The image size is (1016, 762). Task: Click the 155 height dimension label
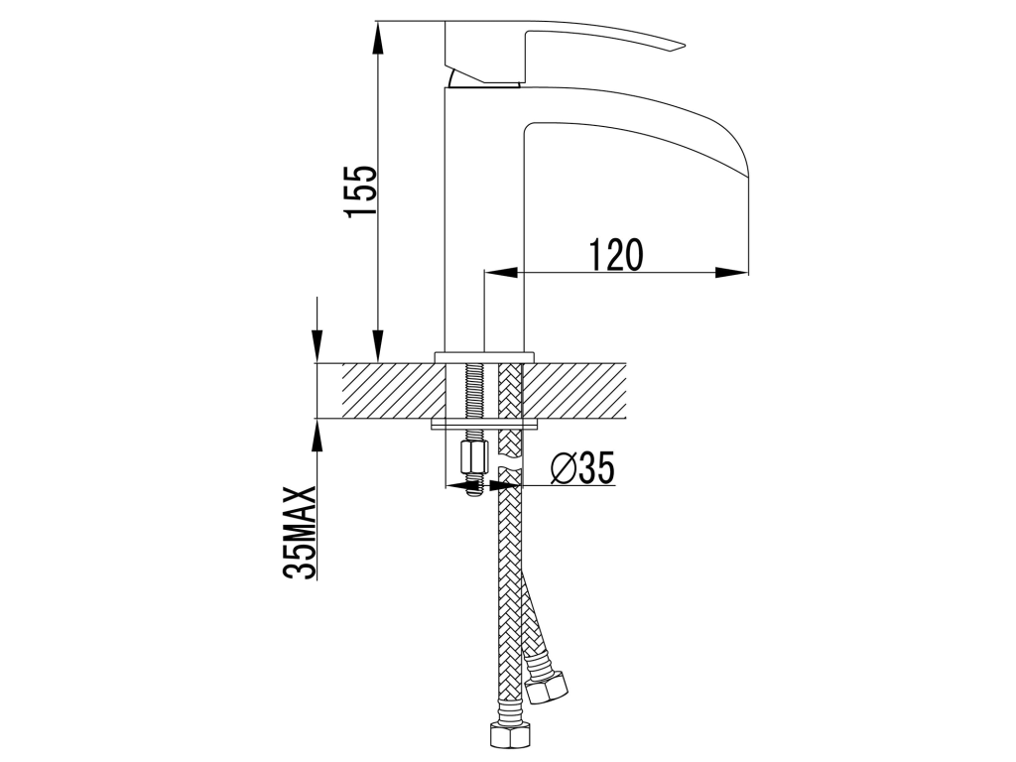coord(361,191)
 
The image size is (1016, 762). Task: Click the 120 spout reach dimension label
coord(616,255)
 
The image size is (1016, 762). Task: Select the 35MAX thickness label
coord(300,532)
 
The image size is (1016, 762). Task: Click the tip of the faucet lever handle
coord(685,46)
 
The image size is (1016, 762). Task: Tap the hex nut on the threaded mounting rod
coord(470,458)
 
